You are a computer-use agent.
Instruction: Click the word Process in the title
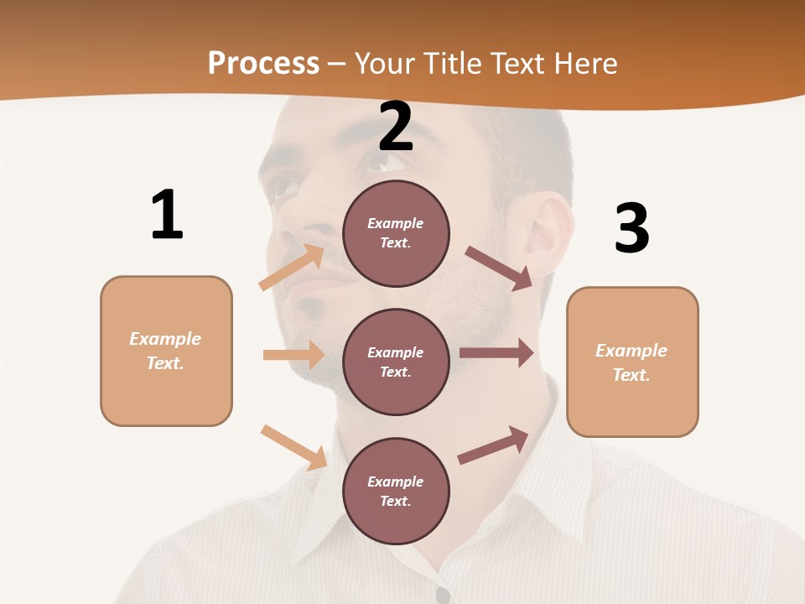pyautogui.click(x=263, y=63)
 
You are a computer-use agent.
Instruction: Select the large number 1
pyautogui.click(x=167, y=215)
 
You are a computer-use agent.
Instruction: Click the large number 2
pyautogui.click(x=396, y=127)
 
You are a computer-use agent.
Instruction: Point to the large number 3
pyautogui.click(x=631, y=228)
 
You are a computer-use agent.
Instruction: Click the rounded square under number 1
pyautogui.click(x=166, y=351)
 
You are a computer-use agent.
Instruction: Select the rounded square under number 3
pyautogui.click(x=632, y=362)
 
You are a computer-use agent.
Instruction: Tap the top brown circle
pyautogui.click(x=396, y=233)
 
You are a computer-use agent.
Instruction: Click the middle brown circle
pyautogui.click(x=396, y=362)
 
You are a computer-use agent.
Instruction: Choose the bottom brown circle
pyautogui.click(x=396, y=491)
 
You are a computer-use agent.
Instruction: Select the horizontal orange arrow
pyautogui.click(x=293, y=355)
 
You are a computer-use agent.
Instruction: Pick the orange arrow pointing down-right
pyautogui.click(x=294, y=447)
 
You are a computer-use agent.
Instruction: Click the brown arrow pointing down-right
pyautogui.click(x=499, y=268)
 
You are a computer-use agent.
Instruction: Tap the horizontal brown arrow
pyautogui.click(x=496, y=353)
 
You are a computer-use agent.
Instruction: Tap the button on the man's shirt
pyautogui.click(x=443, y=594)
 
